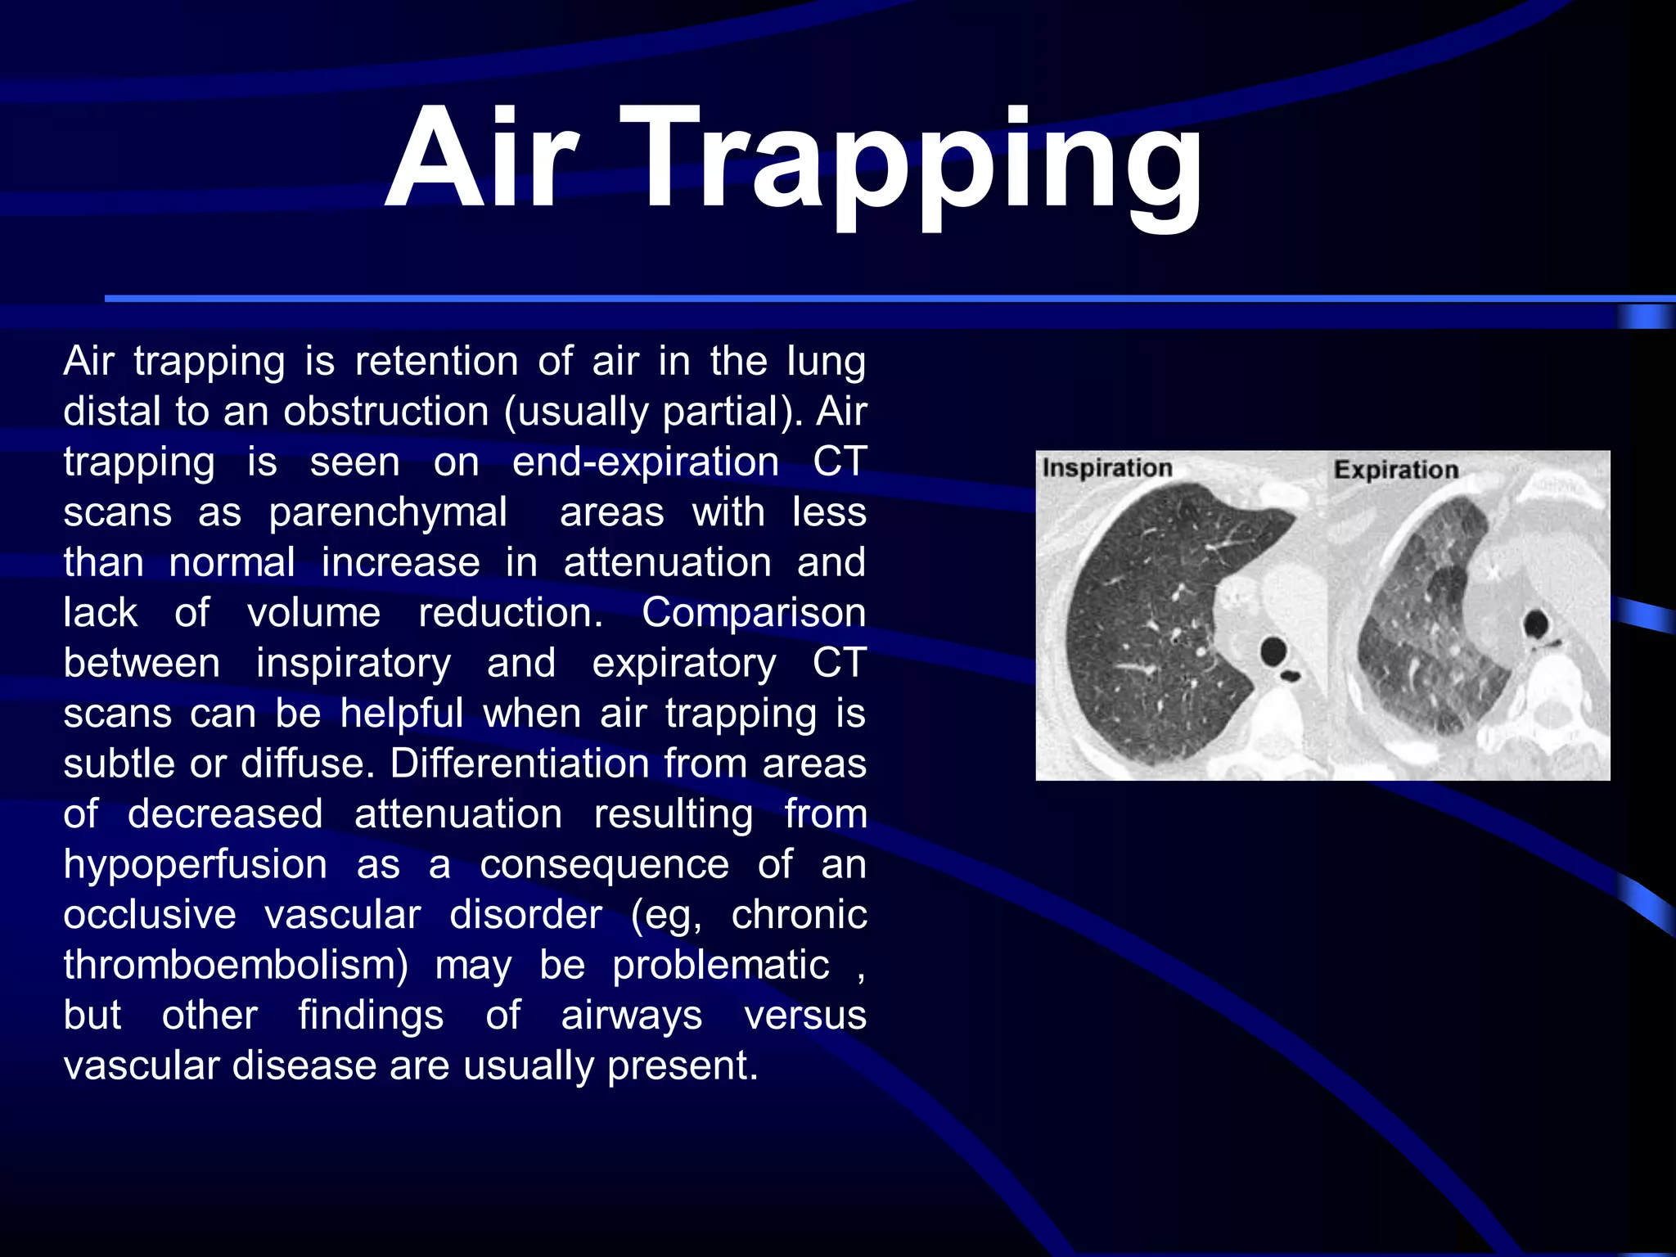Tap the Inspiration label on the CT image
(1106, 468)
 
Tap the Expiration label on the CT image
(1396, 470)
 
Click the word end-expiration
(645, 462)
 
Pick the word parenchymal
(388, 512)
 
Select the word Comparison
(753, 612)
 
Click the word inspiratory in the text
(353, 663)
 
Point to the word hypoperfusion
(196, 865)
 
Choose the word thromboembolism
(236, 965)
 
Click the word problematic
(720, 965)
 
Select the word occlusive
(150, 914)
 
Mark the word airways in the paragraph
(631, 1016)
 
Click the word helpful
(402, 714)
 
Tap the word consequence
(604, 864)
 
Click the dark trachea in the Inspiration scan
(1273, 651)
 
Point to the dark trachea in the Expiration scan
(1536, 625)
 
